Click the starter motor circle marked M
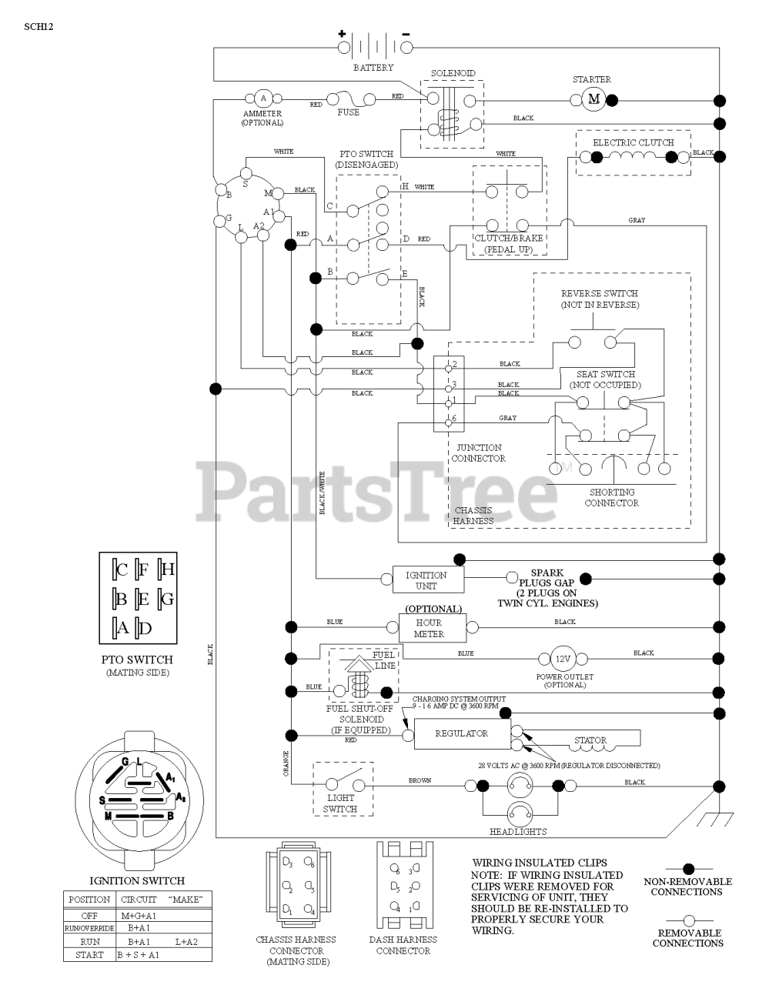tap(593, 98)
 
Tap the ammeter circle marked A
tap(262, 98)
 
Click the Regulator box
tap(461, 733)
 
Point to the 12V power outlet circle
tap(563, 659)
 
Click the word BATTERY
tap(373, 68)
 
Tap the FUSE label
tap(348, 112)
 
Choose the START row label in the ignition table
tap(89, 955)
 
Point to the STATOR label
tap(590, 740)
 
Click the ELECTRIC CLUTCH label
tap(633, 142)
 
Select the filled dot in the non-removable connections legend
tap(688, 869)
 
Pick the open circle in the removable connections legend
tap(688, 920)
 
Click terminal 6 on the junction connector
tap(449, 419)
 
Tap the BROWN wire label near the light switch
tap(420, 781)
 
